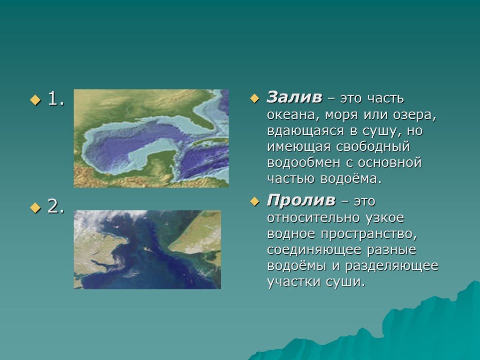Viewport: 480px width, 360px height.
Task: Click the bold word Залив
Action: [294, 97]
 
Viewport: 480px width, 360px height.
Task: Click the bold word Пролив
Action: [301, 201]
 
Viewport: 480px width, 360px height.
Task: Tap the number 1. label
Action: [56, 99]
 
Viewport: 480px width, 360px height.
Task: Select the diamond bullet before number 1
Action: [35, 99]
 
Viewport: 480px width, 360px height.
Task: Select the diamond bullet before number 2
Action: [35, 208]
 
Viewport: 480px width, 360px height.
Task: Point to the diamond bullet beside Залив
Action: [255, 98]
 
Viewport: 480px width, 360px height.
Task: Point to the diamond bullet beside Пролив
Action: [255, 202]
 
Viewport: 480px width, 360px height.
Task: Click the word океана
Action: [292, 115]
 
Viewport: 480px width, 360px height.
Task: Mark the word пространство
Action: [369, 234]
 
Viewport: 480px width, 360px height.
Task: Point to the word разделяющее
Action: [392, 266]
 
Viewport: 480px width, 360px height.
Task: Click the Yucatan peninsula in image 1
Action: [160, 162]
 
